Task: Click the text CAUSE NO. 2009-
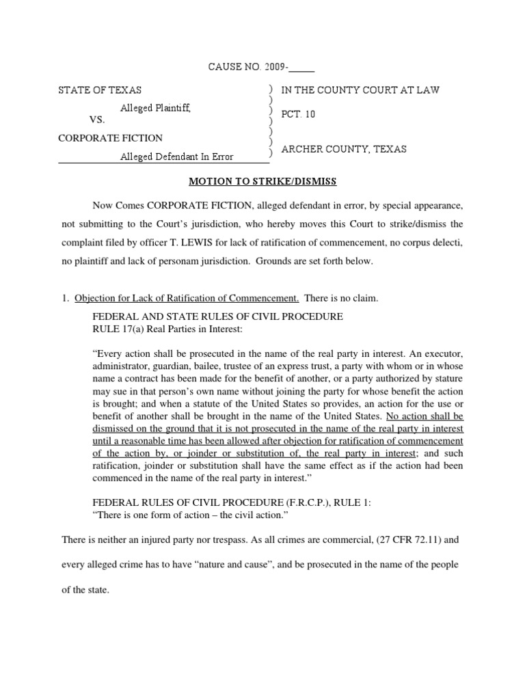(248, 66)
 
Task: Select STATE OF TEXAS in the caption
(100, 90)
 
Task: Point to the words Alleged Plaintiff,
(155, 107)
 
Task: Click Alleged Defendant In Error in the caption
(176, 157)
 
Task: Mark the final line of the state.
(85, 590)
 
